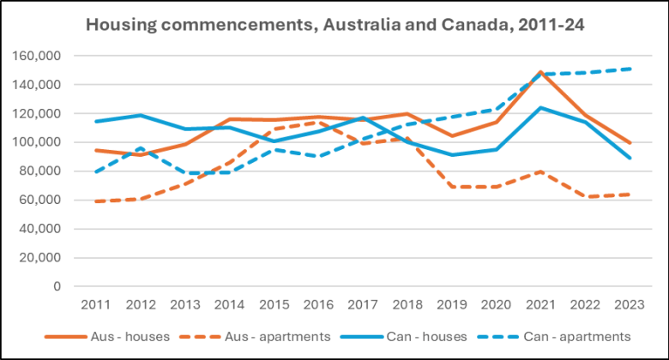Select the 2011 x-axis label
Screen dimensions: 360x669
93,304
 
